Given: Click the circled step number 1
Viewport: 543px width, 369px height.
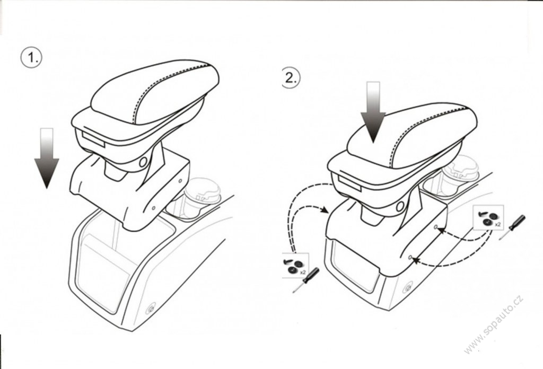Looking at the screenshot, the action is point(31,57).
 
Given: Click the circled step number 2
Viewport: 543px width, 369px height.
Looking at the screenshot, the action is point(290,77).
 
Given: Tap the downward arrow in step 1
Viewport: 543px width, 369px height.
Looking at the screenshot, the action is point(47,158).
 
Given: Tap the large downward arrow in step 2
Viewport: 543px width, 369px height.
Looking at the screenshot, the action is point(373,112).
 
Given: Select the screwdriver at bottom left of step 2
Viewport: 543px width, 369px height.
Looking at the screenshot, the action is point(306,280).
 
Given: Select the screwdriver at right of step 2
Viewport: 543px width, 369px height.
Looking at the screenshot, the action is point(512,227).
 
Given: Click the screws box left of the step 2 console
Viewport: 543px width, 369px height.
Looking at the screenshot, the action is point(295,265).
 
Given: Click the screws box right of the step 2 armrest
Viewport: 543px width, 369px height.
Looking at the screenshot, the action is point(488,217).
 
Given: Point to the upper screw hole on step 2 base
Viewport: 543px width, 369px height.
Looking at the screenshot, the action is point(436,227).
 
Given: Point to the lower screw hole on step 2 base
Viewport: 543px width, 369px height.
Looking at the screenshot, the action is point(410,258).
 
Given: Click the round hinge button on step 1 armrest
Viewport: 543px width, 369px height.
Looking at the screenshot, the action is point(143,162).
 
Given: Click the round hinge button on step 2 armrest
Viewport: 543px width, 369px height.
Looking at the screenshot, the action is point(400,207).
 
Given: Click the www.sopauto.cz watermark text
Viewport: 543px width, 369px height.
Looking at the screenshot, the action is point(494,325).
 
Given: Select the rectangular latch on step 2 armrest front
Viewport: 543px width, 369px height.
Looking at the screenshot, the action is point(350,183).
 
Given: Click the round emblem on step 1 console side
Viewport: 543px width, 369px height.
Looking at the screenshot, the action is point(151,309).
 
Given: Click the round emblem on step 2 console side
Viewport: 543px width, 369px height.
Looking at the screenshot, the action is point(408,288).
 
